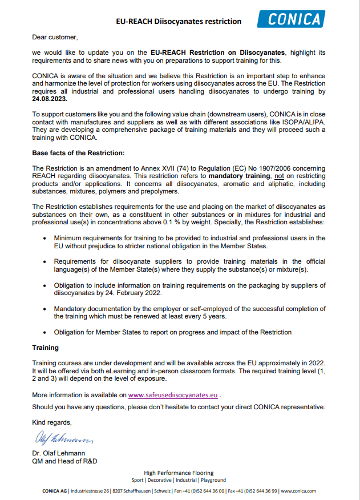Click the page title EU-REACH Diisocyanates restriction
[x=179, y=22]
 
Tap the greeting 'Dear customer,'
[x=55, y=37]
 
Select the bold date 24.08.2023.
[x=50, y=99]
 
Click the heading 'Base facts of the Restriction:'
[x=78, y=153]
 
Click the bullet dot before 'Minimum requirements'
[x=45, y=237]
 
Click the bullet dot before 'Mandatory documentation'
[x=45, y=309]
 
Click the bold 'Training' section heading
[x=46, y=347]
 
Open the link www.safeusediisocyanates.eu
[x=173, y=394]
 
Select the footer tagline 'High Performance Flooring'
[x=179, y=473]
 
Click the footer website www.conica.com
[x=299, y=491]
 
